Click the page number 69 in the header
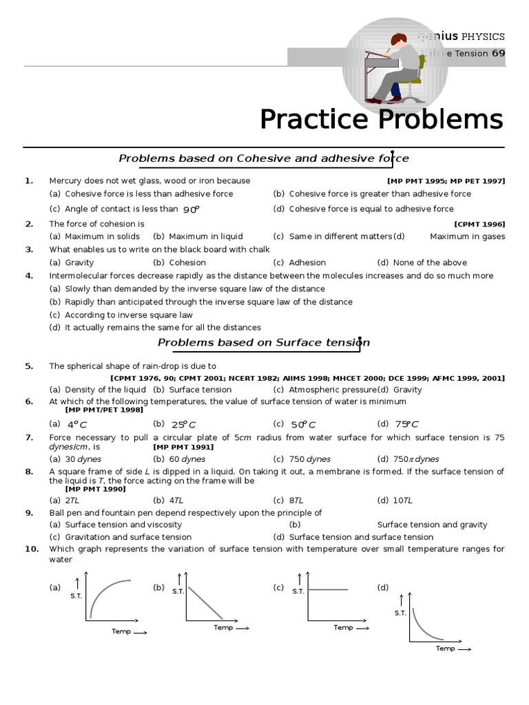tap(498, 53)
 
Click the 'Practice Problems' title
tap(381, 120)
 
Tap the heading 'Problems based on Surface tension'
tap(264, 342)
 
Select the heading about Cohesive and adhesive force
tap(264, 158)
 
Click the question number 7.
tap(29, 437)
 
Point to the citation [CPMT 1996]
tap(479, 224)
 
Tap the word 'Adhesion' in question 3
tap(307, 262)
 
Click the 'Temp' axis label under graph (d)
tap(446, 649)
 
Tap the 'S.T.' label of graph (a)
tap(76, 596)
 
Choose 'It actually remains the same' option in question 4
tap(163, 328)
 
